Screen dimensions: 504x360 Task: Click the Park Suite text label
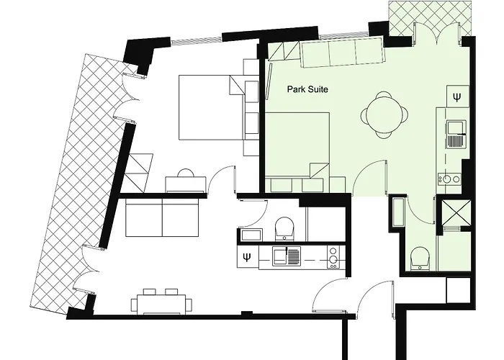[x=307, y=89]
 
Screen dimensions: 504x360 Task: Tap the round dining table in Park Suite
[x=384, y=114]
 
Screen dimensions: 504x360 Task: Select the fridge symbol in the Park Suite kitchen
[x=457, y=96]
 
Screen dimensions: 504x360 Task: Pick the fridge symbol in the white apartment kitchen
[x=248, y=257]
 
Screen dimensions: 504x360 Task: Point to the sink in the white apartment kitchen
[x=287, y=256]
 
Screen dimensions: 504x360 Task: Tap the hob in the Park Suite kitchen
[x=449, y=179]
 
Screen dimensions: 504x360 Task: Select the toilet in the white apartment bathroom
[x=284, y=228]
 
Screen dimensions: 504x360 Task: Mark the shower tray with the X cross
[x=456, y=213]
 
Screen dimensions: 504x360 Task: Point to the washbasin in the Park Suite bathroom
[x=398, y=212]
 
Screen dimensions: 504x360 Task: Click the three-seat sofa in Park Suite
[x=343, y=53]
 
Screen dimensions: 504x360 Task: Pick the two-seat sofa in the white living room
[x=162, y=217]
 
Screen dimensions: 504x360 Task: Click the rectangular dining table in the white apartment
[x=161, y=305]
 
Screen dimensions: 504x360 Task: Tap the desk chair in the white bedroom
[x=186, y=173]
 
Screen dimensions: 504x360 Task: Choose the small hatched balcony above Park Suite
[x=430, y=18]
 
